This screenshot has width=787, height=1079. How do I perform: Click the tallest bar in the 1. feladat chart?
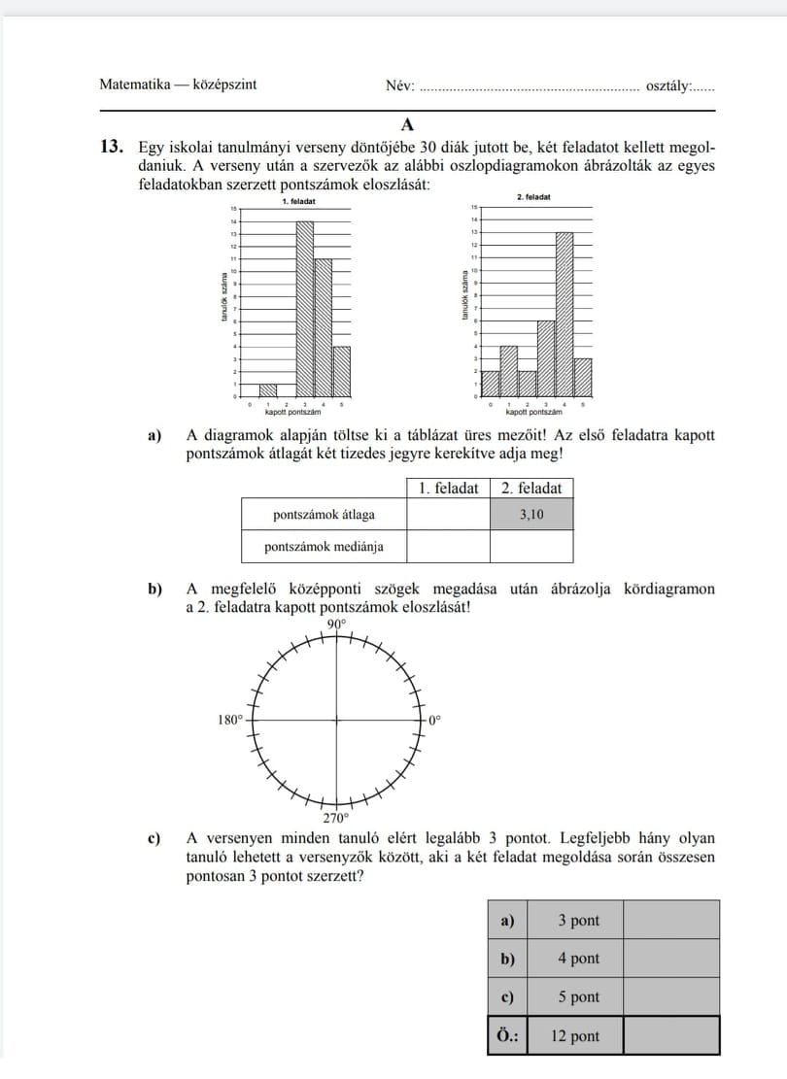(x=305, y=309)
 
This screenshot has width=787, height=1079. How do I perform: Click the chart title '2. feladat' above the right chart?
(x=534, y=196)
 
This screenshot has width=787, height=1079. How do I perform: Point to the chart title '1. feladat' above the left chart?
(x=297, y=202)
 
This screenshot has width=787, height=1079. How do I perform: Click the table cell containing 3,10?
(x=531, y=515)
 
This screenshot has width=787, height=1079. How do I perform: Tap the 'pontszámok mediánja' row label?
(x=324, y=547)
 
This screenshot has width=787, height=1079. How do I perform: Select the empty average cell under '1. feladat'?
(x=448, y=515)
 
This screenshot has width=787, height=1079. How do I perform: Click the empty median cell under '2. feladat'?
(x=531, y=547)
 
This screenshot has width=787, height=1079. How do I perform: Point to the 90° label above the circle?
(x=336, y=624)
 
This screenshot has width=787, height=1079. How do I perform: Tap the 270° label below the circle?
(x=335, y=818)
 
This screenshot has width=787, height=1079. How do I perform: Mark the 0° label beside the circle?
(x=434, y=720)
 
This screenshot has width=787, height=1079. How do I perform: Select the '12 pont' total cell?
(x=577, y=1036)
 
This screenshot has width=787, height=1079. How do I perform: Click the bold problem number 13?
(x=112, y=148)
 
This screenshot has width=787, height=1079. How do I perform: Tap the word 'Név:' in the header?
(x=400, y=85)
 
